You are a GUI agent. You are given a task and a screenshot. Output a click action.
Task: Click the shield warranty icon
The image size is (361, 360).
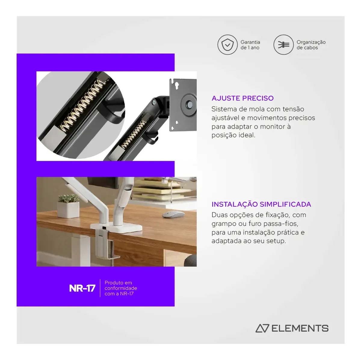pyautogui.click(x=227, y=45)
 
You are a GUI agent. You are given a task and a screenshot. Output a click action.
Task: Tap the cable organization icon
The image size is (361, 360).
pyautogui.click(x=283, y=45)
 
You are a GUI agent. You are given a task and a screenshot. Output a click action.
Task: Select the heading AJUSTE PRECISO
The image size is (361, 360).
pyautogui.click(x=242, y=98)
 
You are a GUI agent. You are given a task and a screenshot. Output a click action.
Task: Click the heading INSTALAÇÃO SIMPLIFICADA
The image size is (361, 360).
pyautogui.click(x=261, y=204)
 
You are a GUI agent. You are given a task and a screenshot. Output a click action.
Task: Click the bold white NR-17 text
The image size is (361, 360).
pyautogui.click(x=82, y=288)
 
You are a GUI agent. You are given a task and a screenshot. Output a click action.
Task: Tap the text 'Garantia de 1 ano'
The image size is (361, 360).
pyautogui.click(x=250, y=45)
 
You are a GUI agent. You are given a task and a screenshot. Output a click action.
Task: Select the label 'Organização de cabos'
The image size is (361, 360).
pyautogui.click(x=311, y=45)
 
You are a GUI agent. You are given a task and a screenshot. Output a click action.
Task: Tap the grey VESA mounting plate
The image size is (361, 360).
pyautogui.click(x=183, y=105)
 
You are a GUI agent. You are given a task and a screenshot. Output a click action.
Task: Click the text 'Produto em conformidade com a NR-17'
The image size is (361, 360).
pyautogui.click(x=121, y=288)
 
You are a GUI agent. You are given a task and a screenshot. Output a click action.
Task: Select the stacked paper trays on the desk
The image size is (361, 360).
pyautogui.click(x=165, y=189)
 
